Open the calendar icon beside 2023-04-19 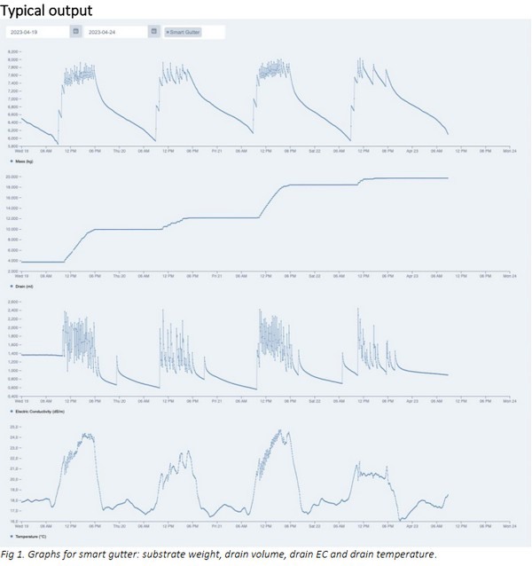75,32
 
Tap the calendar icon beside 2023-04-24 153,32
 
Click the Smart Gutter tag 183,32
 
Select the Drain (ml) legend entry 20,288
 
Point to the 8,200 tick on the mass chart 12,53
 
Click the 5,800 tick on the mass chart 12,146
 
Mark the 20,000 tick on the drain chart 12,177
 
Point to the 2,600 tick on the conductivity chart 12,302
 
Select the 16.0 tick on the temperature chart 13,521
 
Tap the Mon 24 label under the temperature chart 508,526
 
